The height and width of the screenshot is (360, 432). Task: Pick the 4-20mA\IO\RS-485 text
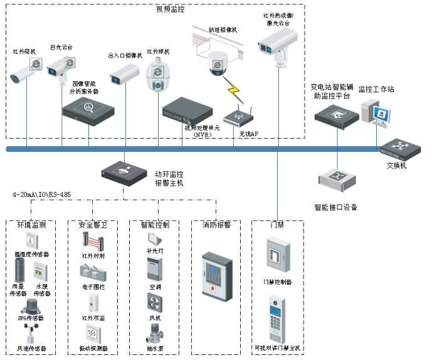(42, 195)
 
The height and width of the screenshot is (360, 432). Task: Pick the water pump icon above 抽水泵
(154, 332)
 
